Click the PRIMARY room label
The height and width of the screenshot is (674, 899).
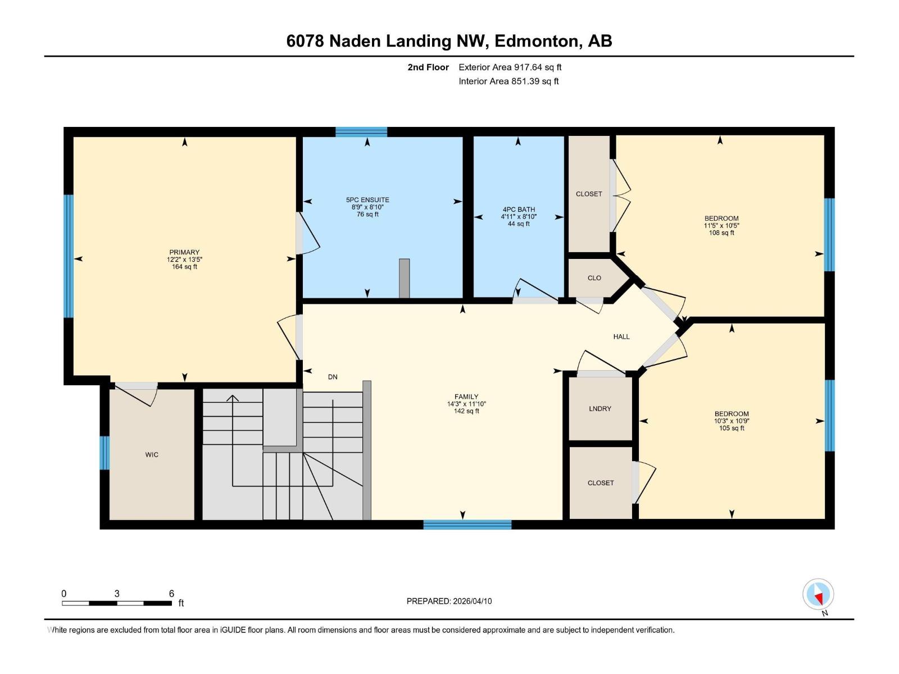(184, 252)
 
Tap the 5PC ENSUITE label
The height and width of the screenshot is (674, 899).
(367, 200)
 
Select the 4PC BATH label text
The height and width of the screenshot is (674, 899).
(518, 210)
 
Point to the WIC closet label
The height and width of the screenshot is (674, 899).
(152, 454)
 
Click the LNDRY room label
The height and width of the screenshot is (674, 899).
(600, 408)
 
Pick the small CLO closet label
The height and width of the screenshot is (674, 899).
(594, 278)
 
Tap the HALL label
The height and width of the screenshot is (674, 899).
(621, 336)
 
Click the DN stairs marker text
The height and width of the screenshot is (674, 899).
(333, 377)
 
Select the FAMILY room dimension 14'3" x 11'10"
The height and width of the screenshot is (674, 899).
(466, 404)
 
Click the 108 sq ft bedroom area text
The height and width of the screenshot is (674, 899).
(721, 233)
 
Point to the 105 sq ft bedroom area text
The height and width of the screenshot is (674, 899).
(732, 428)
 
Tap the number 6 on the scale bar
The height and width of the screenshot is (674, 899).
(171, 594)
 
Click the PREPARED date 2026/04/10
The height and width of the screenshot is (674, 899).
(472, 601)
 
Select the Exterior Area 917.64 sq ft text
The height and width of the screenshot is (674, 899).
(510, 67)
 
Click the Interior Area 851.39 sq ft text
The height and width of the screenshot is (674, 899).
(508, 81)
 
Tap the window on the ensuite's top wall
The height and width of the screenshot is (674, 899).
(361, 131)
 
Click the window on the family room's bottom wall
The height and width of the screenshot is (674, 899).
(467, 525)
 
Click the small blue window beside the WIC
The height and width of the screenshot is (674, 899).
(105, 453)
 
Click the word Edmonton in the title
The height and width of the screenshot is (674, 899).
(538, 41)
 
